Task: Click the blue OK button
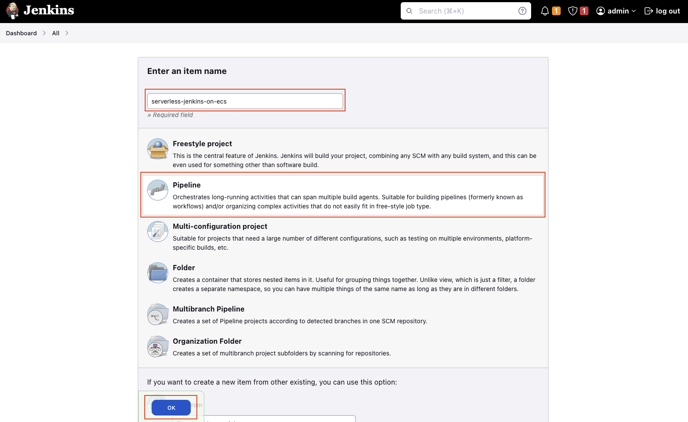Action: tap(171, 408)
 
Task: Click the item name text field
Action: tap(245, 101)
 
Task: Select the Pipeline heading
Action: tap(186, 185)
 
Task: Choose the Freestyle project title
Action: tap(202, 144)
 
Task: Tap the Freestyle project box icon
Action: tap(158, 149)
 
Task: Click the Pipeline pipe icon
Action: tap(158, 190)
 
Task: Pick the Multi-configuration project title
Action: tap(220, 226)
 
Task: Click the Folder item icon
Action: tap(158, 273)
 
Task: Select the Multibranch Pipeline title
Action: tap(208, 309)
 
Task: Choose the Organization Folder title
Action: tap(207, 341)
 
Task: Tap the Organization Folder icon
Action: tap(158, 346)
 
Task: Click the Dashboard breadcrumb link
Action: tap(21, 33)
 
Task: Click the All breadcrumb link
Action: tap(56, 33)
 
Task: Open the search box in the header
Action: tap(461, 11)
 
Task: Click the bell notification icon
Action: tap(545, 11)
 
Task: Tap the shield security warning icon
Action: tap(573, 11)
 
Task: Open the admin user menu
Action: tap(616, 11)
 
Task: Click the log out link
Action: tap(662, 11)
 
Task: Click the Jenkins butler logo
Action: tap(13, 11)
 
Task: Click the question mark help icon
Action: tap(522, 11)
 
